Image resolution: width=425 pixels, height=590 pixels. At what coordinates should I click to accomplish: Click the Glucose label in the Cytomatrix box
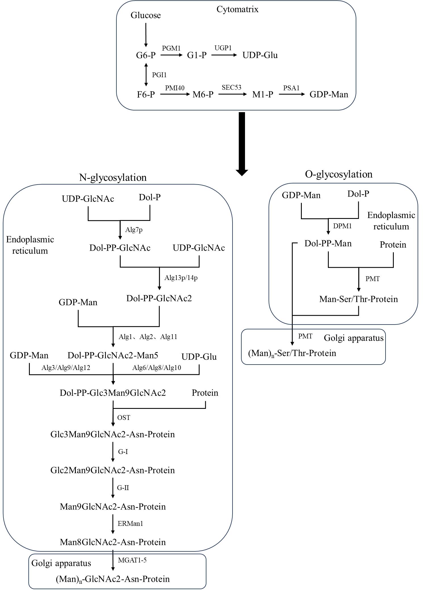pos(146,15)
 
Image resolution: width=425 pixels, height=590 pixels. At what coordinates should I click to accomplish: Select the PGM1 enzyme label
pos(171,48)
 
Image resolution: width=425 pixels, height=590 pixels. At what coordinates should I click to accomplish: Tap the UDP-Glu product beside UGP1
pos(260,55)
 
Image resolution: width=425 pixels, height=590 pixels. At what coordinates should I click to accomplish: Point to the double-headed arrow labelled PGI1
pos(146,75)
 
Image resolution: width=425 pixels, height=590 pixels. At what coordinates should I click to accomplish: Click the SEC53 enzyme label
pos(231,87)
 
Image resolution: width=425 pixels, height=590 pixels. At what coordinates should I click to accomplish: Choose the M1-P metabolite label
pos(263,95)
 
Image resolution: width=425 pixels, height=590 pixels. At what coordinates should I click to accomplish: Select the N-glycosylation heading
pos(113,177)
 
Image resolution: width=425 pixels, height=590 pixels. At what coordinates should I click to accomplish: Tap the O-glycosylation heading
pos(339,174)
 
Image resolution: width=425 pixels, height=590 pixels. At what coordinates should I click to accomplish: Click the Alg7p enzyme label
pos(134,230)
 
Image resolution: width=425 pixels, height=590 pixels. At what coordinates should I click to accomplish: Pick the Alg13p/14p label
pos(181,278)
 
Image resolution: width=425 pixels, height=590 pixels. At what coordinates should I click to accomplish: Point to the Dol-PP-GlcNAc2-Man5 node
pos(113,355)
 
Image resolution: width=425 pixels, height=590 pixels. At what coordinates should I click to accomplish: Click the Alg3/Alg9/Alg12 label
pos(66,368)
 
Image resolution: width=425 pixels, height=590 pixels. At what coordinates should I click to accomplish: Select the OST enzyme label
pos(123,418)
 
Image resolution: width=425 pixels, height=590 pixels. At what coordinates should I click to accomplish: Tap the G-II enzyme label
pos(123,488)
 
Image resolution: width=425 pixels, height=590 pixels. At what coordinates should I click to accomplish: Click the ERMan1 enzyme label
pos(130,524)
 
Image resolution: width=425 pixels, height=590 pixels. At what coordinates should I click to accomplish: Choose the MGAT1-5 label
pos(132,560)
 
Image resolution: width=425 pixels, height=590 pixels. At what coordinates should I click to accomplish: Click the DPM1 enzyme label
pos(342,226)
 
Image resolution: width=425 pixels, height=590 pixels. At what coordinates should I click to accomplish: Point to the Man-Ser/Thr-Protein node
pos(358,299)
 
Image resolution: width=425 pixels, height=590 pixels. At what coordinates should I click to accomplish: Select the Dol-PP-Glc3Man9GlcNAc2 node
pos(113,393)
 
